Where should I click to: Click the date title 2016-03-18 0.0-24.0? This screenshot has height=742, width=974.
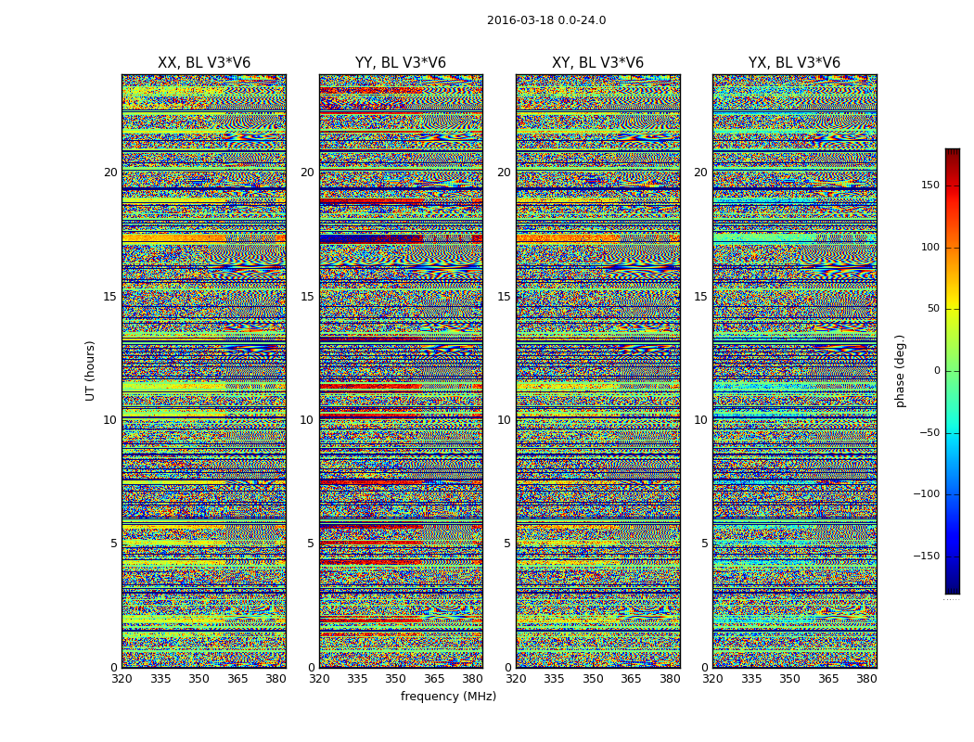(x=546, y=20)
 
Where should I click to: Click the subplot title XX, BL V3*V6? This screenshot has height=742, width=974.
(x=204, y=63)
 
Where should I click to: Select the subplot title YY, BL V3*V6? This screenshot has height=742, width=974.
(x=401, y=63)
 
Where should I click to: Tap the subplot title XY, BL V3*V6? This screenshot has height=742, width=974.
(x=597, y=63)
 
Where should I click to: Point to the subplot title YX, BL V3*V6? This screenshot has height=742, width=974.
(x=794, y=63)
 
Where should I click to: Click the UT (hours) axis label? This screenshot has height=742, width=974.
(x=91, y=370)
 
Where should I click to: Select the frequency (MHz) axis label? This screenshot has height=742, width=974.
(x=448, y=697)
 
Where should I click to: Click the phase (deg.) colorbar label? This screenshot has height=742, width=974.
(x=901, y=370)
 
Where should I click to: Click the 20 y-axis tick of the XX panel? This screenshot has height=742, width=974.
(x=110, y=173)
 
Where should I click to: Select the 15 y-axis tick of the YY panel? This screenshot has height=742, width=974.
(x=307, y=297)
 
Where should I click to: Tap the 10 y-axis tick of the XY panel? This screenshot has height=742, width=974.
(x=504, y=420)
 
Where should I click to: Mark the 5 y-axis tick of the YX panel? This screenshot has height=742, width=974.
(x=704, y=544)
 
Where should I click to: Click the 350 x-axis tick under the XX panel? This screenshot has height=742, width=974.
(x=199, y=679)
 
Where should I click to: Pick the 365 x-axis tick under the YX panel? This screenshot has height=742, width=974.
(x=828, y=679)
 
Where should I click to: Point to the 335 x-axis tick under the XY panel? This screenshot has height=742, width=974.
(x=555, y=679)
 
